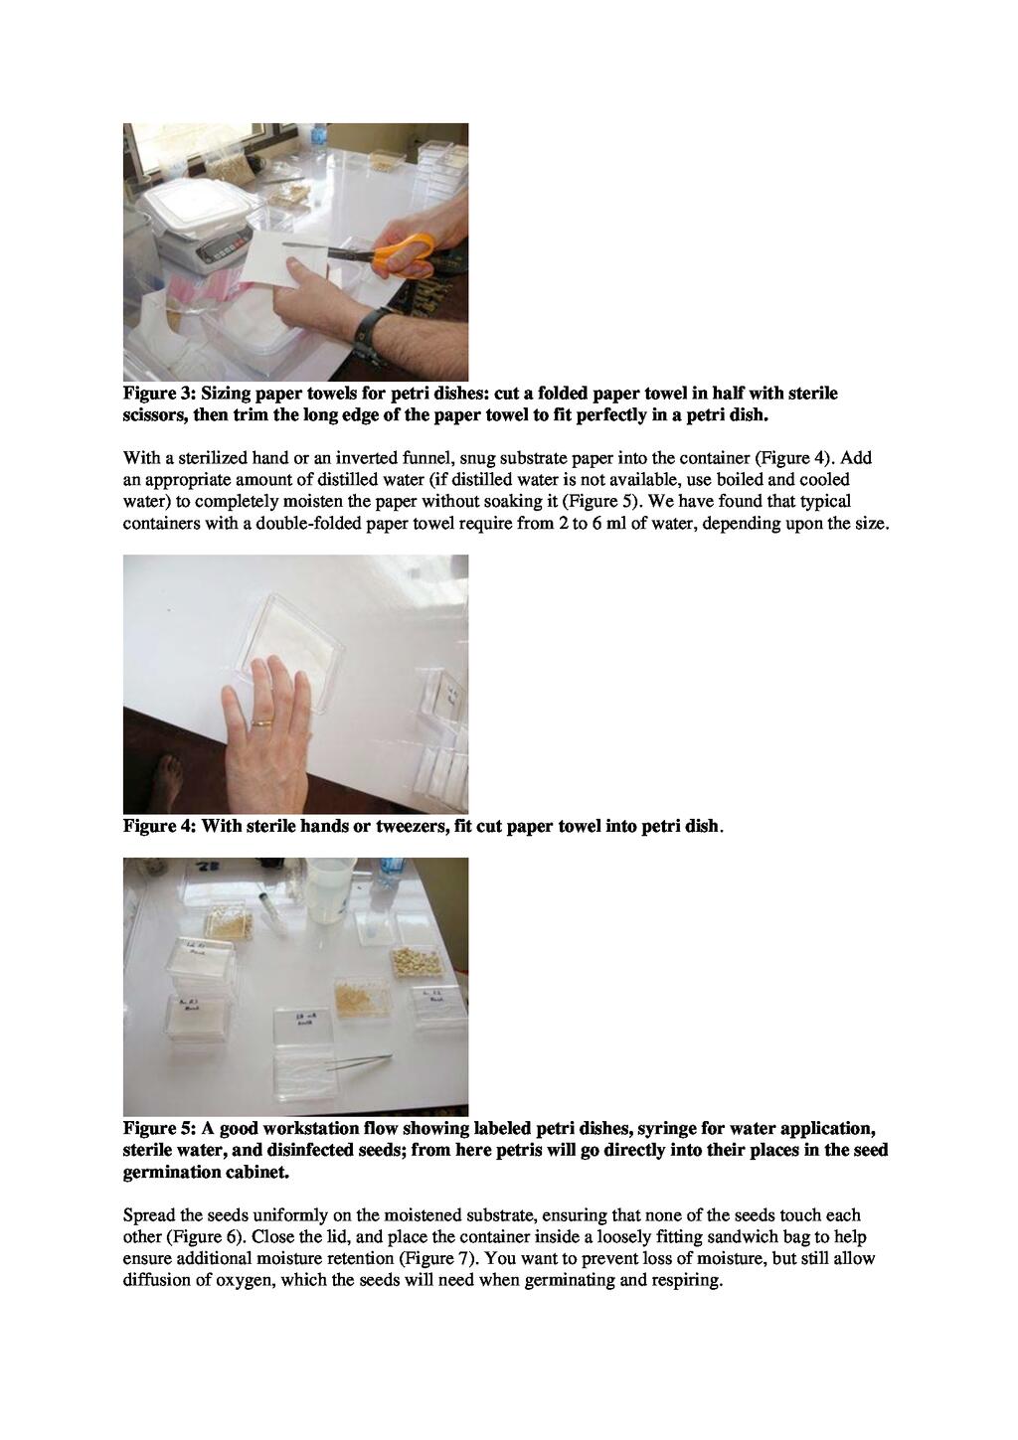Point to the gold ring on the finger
261,722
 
